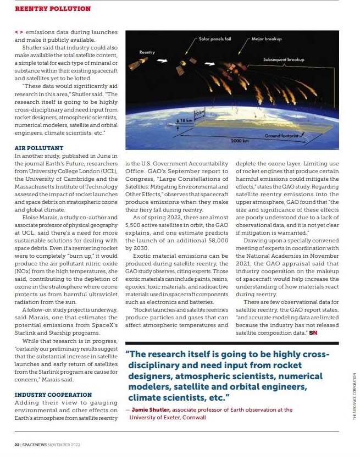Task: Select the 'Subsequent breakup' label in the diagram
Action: (x=284, y=59)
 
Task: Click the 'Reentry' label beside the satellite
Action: (x=147, y=52)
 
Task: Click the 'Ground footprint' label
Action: (x=281, y=135)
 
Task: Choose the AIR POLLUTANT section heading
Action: (x=39, y=148)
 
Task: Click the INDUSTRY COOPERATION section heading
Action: (x=53, y=395)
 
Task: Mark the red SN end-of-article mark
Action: (x=313, y=332)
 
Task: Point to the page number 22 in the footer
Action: (x=16, y=444)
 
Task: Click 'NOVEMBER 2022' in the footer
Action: (x=64, y=444)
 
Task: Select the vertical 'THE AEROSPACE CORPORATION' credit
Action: (x=354, y=396)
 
